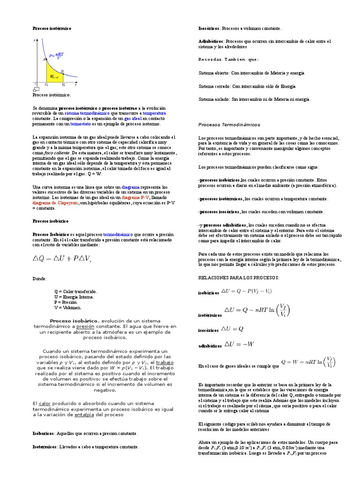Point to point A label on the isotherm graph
pyautogui.click(x=44, y=59)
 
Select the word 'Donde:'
pyautogui.click(x=40, y=278)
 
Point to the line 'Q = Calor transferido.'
pyautogui.click(x=75, y=291)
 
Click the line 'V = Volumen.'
pyautogui.click(x=68, y=307)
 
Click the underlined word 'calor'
pyautogui.click(x=45, y=403)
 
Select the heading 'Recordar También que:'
pyautogui.click(x=228, y=60)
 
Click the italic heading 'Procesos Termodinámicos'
pyautogui.click(x=229, y=125)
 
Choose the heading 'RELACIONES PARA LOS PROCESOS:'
pyautogui.click(x=239, y=278)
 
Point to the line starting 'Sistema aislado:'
pyautogui.click(x=255, y=99)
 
